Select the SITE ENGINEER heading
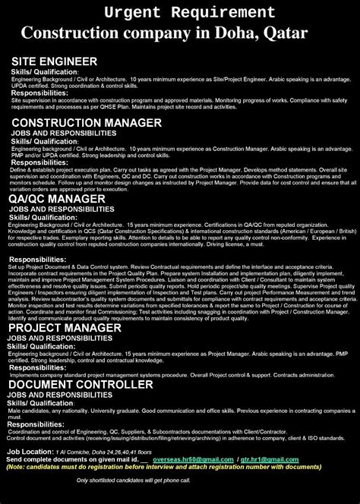coord(54,61)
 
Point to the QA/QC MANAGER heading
coord(57,198)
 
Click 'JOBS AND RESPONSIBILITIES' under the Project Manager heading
coord(53,339)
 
